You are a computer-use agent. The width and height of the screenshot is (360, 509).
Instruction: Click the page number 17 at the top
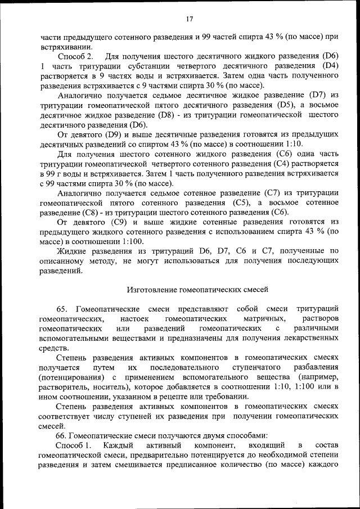point(190,19)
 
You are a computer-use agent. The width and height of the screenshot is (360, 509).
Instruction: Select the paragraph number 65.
point(62,309)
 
